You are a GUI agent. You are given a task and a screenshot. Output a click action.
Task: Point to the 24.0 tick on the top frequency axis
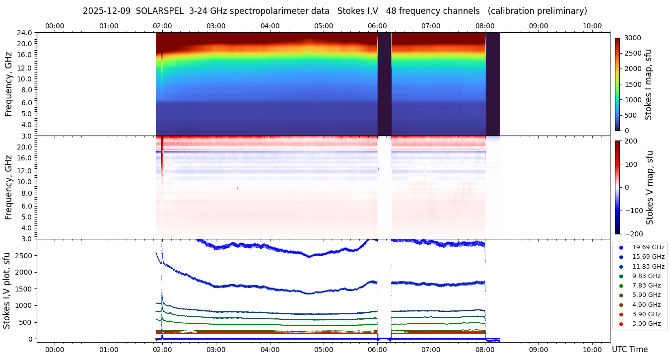coord(25,33)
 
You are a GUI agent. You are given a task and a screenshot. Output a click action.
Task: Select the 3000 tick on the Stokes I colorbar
coord(633,38)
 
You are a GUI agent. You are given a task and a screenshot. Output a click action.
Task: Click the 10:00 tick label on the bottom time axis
coord(592,350)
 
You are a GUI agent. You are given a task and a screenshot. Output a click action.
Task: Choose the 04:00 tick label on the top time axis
coord(269,26)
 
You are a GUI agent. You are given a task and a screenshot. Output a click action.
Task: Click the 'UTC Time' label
coord(629,350)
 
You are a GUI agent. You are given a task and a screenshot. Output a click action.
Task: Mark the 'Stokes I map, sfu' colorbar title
coord(648,84)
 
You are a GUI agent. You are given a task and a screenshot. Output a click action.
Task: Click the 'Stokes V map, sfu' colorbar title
coord(650,187)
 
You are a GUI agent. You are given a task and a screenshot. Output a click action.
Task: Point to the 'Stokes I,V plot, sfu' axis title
coord(7,290)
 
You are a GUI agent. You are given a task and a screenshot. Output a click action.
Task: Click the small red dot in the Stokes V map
coord(237,188)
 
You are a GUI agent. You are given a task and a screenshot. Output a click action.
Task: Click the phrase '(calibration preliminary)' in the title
coord(537,11)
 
